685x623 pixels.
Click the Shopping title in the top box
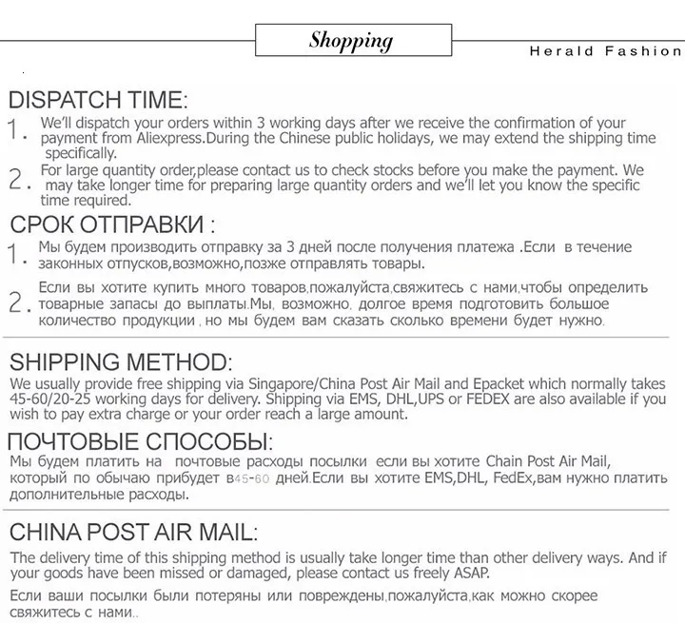[350, 40]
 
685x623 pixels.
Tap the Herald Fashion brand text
[606, 51]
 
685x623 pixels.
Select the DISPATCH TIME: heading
[98, 100]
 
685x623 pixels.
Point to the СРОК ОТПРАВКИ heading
[111, 225]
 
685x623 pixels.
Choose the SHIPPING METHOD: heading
[120, 362]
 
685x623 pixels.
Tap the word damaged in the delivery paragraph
[243, 574]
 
